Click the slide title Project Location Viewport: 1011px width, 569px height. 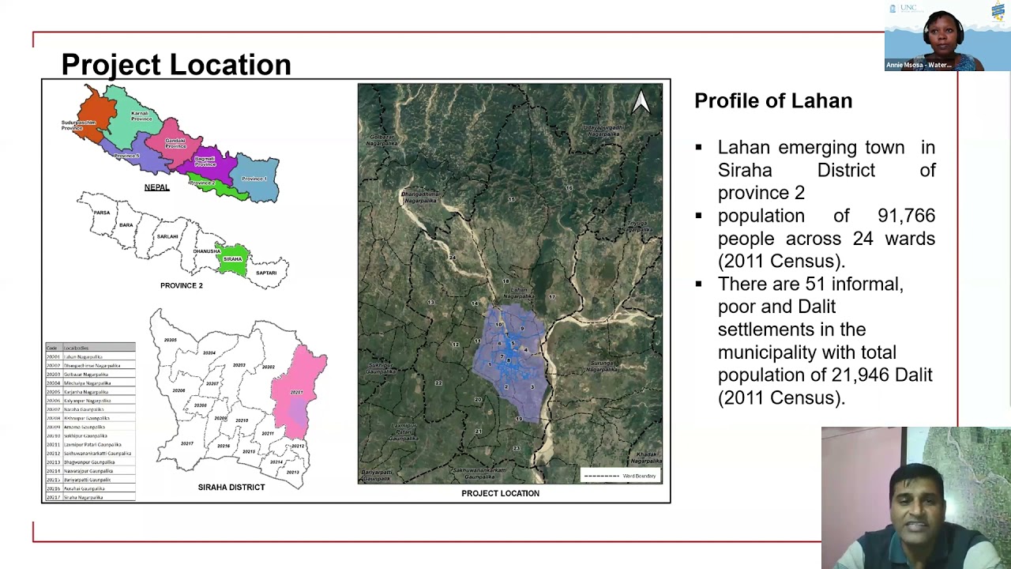click(176, 65)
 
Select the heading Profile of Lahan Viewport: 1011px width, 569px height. click(773, 101)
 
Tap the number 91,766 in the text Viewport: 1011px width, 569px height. click(906, 216)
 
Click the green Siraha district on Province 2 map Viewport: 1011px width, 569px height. click(232, 261)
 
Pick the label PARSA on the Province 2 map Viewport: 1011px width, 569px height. click(101, 213)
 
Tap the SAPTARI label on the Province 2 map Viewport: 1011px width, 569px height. click(266, 273)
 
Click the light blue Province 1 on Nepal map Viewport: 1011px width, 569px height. click(258, 177)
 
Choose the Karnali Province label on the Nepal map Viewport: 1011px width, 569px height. click(140, 116)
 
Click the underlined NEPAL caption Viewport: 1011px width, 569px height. click(156, 187)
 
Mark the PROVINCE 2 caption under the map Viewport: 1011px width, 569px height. click(182, 285)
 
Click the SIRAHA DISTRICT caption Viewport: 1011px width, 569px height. click(231, 487)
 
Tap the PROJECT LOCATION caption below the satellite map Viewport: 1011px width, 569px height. click(500, 493)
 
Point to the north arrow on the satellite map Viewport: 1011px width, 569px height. click(641, 101)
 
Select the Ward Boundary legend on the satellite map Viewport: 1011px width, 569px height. click(621, 476)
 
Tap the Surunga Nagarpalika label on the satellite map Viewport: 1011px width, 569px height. click(603, 367)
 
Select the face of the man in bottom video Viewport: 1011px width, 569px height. click(916, 498)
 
